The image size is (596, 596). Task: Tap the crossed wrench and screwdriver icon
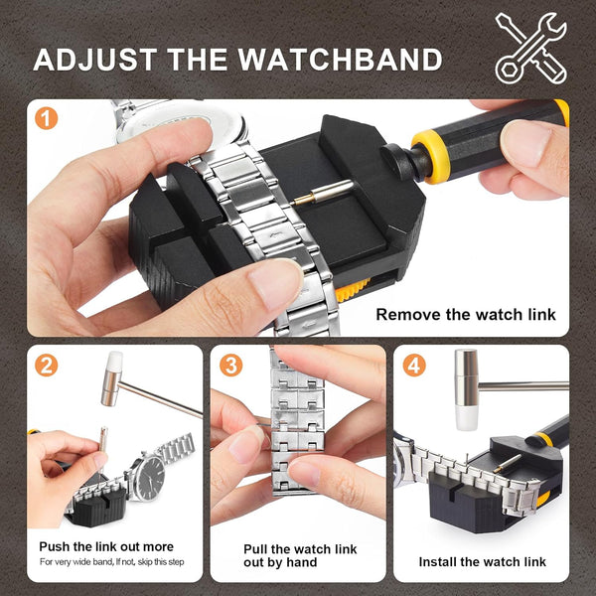(x=530, y=47)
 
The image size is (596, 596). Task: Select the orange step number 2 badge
(x=46, y=365)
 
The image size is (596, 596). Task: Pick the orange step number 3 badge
(x=230, y=365)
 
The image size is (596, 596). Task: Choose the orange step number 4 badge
(x=414, y=365)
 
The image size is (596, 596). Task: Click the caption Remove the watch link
(x=465, y=315)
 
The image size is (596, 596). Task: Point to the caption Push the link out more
(x=106, y=546)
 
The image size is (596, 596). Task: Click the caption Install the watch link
(x=482, y=561)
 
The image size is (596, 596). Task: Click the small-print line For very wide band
(x=111, y=563)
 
